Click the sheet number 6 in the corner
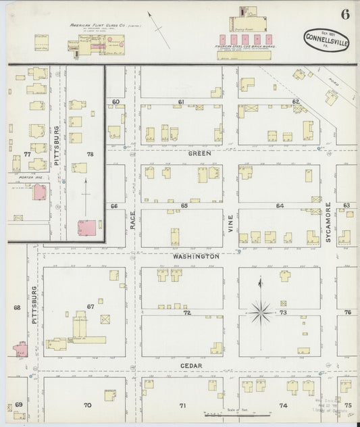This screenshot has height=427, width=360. pos(345,16)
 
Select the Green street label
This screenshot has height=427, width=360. pos(199,153)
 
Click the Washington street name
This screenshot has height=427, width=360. pos(195,257)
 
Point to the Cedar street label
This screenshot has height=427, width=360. pos(192,366)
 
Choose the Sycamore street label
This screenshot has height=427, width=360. pos(328,222)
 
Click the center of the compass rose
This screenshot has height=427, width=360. pos(260,312)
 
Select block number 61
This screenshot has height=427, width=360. pos(181,101)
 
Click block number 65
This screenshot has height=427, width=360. pos(184,205)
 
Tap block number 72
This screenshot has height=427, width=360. pos(187,313)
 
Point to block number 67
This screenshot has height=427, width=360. pos(90,307)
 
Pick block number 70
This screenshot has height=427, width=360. pos(87,405)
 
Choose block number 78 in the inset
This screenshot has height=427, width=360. pos(90,155)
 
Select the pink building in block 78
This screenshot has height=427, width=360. pos(88,228)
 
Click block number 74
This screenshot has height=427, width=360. pos(283,405)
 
